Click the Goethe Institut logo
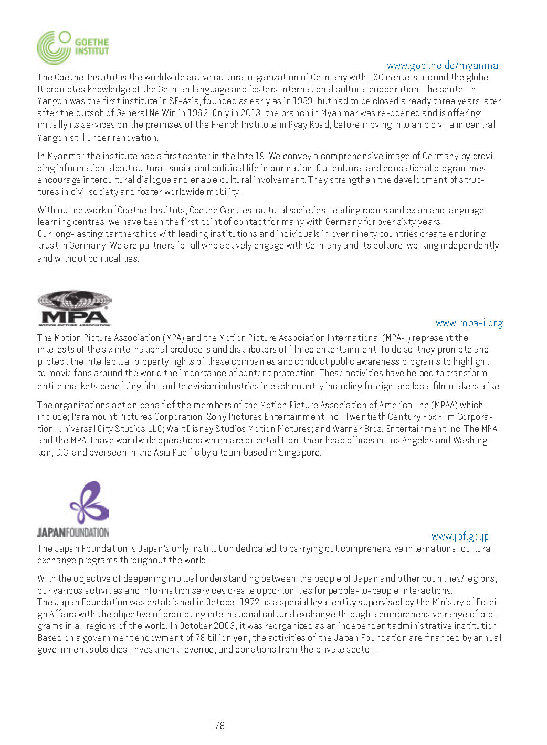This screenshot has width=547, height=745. click(73, 47)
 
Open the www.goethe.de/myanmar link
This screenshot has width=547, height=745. click(444, 66)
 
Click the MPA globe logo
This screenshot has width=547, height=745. click(74, 308)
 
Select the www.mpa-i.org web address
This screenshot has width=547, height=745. click(469, 323)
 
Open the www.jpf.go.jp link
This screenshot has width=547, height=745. click(460, 536)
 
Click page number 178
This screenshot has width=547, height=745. click(216, 726)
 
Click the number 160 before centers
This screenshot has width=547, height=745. click(375, 77)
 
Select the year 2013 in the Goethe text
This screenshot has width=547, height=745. click(250, 113)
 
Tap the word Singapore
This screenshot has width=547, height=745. click(299, 452)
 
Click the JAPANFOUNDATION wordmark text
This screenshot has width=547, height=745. click(73, 532)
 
